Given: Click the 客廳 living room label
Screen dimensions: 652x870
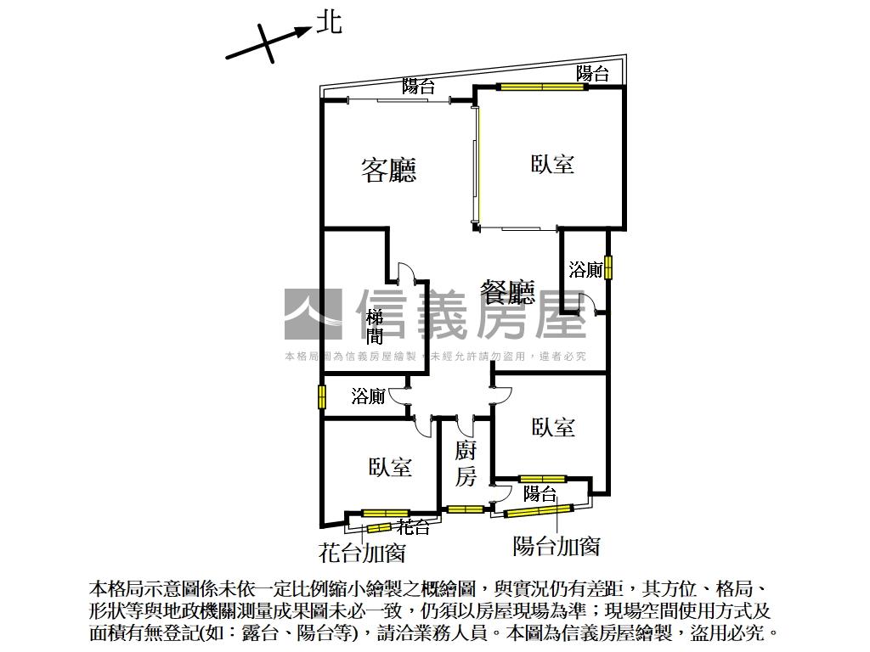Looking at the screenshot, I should click(x=389, y=171).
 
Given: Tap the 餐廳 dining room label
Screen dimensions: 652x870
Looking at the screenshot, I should click(x=507, y=293).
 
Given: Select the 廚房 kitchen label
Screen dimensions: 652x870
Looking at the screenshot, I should click(x=465, y=464).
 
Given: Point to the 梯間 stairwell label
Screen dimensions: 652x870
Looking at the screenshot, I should click(x=374, y=327).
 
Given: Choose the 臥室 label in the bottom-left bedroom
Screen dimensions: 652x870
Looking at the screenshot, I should click(x=390, y=466).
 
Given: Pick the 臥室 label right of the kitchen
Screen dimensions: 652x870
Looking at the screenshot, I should click(x=553, y=427).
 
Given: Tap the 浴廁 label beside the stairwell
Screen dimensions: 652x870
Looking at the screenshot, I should click(x=369, y=396).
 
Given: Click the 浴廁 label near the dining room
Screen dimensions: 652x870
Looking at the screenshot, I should click(x=586, y=270).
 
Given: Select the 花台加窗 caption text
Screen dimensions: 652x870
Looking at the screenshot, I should click(x=362, y=553).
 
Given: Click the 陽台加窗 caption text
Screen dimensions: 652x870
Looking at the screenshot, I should click(x=557, y=546).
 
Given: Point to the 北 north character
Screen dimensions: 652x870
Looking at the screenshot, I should click(x=329, y=23).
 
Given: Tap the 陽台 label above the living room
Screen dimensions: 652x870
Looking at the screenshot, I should click(x=419, y=86).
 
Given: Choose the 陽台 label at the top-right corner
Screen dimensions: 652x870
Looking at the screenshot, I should click(x=592, y=74).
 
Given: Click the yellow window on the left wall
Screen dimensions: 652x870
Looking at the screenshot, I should click(x=322, y=397).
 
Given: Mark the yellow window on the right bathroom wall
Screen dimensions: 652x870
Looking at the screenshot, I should click(x=608, y=267).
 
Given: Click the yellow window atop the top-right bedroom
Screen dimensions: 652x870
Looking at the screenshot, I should click(x=542, y=87).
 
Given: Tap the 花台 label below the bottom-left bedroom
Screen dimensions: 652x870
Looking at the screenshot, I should click(x=414, y=526).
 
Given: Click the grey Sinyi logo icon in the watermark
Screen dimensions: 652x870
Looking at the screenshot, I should click(x=312, y=314).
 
